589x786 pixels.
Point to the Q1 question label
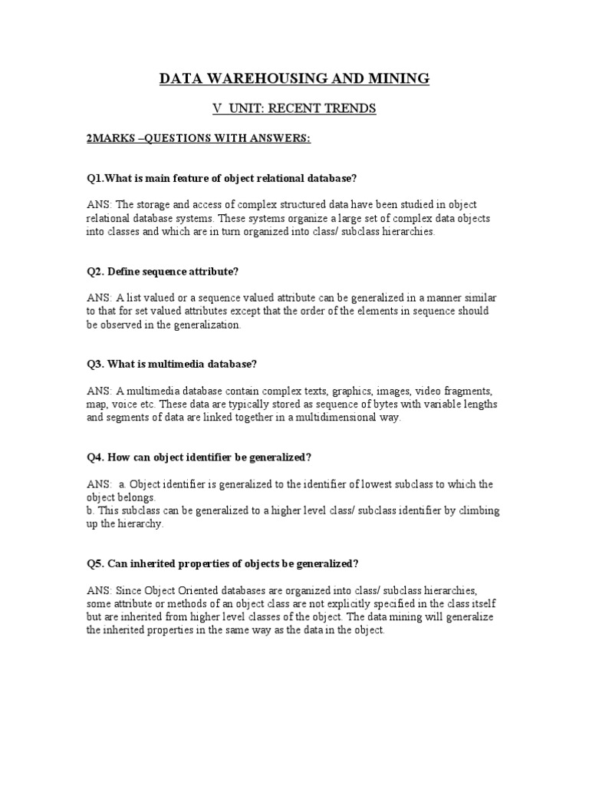pyautogui.click(x=96, y=178)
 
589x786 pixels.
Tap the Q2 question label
pyautogui.click(x=96, y=272)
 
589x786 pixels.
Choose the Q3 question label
pyautogui.click(x=96, y=365)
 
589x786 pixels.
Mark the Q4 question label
pyautogui.click(x=96, y=457)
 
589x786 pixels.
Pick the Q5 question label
pyautogui.click(x=96, y=563)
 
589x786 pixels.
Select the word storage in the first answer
pyautogui.click(x=153, y=205)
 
